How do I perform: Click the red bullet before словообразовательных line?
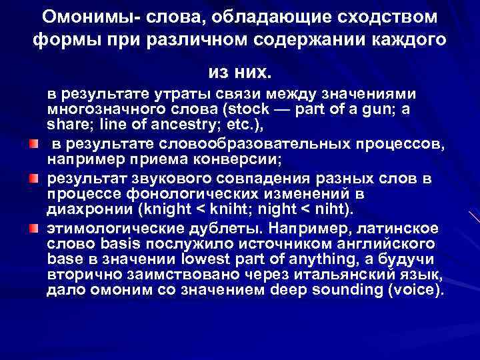(33, 143)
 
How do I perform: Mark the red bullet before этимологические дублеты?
(33, 229)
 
